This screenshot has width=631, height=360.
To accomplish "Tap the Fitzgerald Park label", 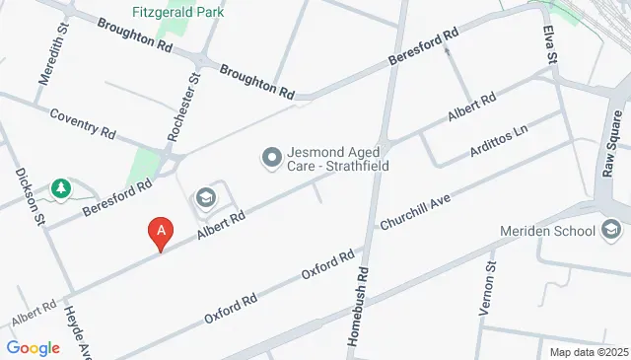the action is pos(177,13).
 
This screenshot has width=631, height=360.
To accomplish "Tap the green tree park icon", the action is pos(61,187).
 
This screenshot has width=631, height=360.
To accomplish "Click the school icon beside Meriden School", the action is pos(611,232).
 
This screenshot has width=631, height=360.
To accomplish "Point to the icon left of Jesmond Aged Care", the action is pos(269,157).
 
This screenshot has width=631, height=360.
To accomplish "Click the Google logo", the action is pos(34,348).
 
